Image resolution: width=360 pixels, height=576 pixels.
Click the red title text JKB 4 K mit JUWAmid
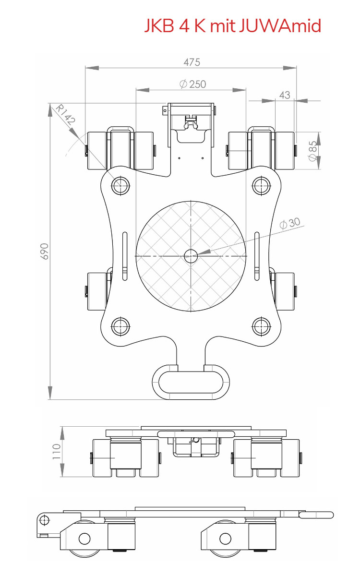click(x=233, y=25)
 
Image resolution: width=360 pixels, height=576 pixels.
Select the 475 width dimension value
click(x=192, y=62)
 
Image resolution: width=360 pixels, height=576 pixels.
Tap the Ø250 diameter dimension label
click(x=192, y=84)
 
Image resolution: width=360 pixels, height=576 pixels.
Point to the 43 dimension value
click(x=285, y=95)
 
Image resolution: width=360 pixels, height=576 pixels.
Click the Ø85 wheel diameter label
click(x=312, y=151)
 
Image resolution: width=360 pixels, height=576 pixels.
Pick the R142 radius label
click(x=65, y=115)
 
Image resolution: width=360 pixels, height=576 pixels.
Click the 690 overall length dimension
click(x=44, y=251)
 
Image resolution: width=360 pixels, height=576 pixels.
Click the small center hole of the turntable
click(x=191, y=256)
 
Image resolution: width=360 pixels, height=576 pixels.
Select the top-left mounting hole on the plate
click(x=120, y=185)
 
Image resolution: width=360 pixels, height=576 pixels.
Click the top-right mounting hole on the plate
click(x=261, y=185)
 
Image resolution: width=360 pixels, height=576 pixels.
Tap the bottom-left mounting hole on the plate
click(x=120, y=326)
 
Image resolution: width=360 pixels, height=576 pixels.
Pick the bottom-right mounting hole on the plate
click(x=261, y=326)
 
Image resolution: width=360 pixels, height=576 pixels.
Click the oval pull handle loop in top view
click(x=191, y=383)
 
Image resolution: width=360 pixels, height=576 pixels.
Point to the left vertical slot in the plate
click(x=125, y=256)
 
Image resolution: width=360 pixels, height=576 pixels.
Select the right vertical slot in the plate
click(x=257, y=256)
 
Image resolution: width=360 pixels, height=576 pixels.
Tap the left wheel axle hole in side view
click(x=84, y=539)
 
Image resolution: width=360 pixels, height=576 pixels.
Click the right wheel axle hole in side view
click(x=226, y=539)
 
